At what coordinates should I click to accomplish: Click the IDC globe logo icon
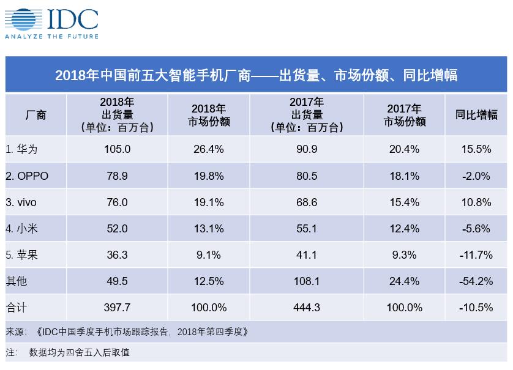coord(23,20)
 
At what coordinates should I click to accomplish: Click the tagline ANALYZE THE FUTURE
coord(51,36)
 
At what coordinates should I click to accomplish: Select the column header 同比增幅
coord(476,115)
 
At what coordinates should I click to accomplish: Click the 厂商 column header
coord(36,115)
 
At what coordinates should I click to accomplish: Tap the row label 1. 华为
coord(21,149)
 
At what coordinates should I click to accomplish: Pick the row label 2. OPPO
coord(27,176)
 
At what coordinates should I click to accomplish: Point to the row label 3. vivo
coord(21,202)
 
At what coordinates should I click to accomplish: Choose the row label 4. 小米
coord(21,229)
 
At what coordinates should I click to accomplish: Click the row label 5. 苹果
coord(21,254)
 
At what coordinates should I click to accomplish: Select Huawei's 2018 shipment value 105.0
coord(117,149)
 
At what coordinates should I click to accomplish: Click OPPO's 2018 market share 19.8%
coord(209,176)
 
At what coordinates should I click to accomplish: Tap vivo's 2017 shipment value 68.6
coord(307,202)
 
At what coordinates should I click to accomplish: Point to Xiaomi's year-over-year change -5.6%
coord(476,229)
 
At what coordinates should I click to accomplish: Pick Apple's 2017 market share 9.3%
coord(405,254)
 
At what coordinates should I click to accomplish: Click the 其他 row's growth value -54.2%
coord(476,281)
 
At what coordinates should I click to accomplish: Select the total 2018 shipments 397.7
coord(117,307)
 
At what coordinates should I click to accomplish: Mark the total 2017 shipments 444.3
coord(307,307)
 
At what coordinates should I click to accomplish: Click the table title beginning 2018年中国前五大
coord(256,75)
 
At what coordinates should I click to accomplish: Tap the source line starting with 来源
coord(127,331)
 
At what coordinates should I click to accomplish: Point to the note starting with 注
coord(67,352)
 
